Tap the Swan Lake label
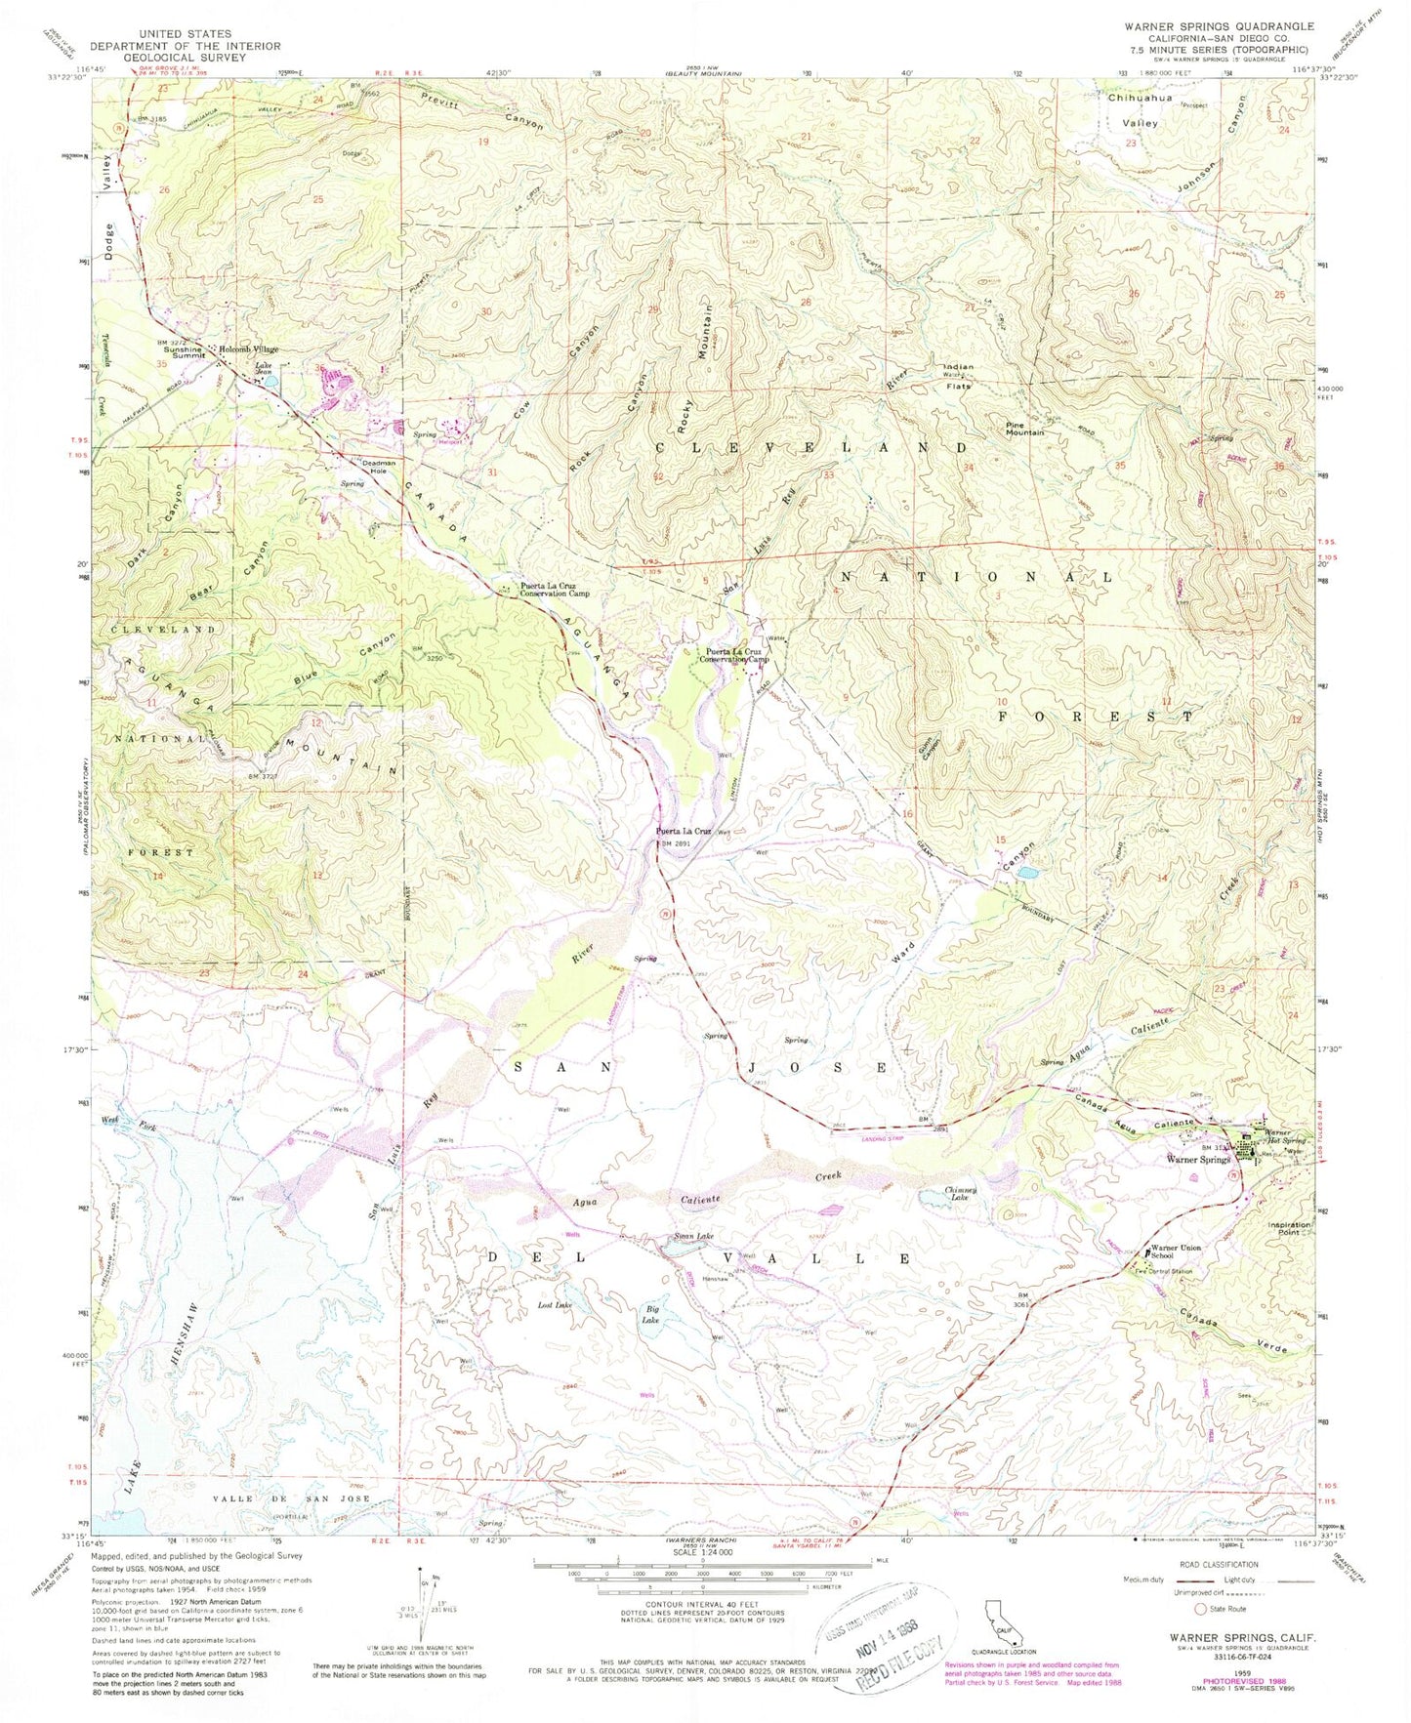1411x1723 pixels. point(689,1238)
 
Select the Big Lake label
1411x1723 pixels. point(650,1316)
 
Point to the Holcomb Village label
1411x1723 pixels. point(248,349)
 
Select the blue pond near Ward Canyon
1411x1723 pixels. point(1026,873)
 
